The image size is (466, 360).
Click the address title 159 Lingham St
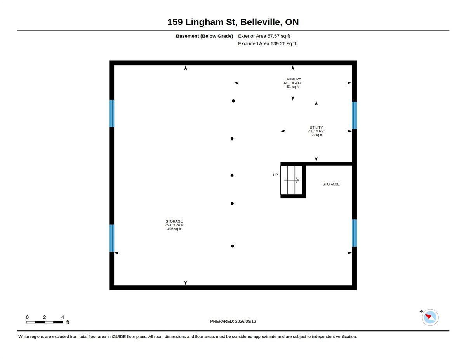(x=202, y=22)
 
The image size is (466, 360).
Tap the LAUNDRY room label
(x=292, y=79)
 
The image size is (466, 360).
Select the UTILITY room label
(x=316, y=127)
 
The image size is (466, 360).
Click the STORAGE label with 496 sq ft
(x=174, y=221)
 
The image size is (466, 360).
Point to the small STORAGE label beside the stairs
(x=331, y=184)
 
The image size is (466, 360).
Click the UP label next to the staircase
(x=275, y=175)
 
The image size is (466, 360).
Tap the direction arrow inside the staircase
(x=291, y=180)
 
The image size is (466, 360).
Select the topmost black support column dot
(x=233, y=101)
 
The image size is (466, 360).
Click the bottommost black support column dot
(x=233, y=246)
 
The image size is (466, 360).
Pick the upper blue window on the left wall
(x=111, y=113)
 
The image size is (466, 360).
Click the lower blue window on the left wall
(x=111, y=238)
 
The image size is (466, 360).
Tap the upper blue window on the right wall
(x=355, y=115)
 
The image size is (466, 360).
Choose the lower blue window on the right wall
(x=355, y=233)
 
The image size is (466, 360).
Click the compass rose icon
(x=430, y=317)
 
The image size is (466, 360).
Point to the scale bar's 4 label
(x=63, y=317)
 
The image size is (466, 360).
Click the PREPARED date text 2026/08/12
(x=245, y=322)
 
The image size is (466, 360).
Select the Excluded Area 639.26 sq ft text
(x=267, y=44)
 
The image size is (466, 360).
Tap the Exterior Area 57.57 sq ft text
(x=264, y=36)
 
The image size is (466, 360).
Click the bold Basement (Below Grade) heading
(x=204, y=36)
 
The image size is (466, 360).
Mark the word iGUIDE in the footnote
(x=118, y=337)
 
